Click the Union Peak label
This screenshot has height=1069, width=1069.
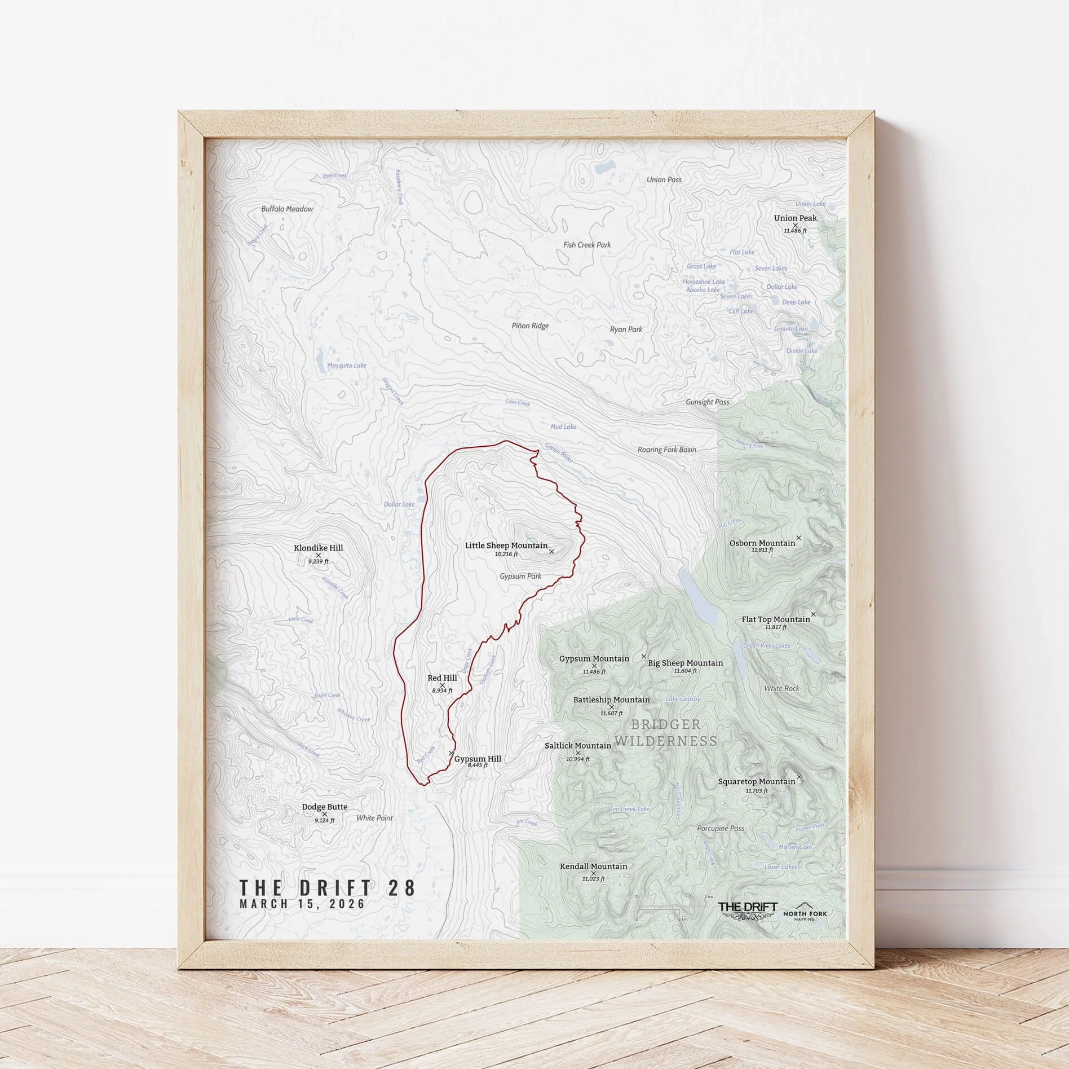pos(795,218)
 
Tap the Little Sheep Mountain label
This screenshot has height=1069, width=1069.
pos(506,546)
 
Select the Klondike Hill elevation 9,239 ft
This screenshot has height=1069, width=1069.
pos(318,562)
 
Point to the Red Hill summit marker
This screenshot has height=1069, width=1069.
pos(442,685)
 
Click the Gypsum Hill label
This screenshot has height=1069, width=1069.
pos(477,759)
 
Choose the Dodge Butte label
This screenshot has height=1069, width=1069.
pos(324,807)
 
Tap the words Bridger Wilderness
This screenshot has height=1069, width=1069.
pos(665,732)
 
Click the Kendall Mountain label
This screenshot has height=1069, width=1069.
pos(593,866)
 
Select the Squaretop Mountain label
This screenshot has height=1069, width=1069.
pos(756,781)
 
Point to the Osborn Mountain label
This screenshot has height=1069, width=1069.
pos(762,543)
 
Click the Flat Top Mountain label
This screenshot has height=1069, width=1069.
pos(775,619)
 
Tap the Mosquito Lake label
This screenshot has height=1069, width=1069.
pos(347,366)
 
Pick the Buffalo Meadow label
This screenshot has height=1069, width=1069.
pos(287,209)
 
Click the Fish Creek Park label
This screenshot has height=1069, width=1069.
pos(587,245)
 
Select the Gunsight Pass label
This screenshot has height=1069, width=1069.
pos(707,402)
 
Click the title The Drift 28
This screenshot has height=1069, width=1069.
pos(328,887)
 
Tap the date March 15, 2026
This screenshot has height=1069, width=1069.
pos(302,904)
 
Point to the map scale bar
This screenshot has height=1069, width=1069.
pos(670,907)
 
